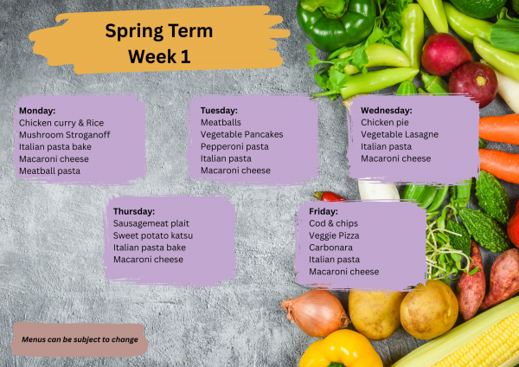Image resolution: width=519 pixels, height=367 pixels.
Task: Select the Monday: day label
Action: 37,111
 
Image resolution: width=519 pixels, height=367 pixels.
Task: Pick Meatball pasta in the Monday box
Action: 49,171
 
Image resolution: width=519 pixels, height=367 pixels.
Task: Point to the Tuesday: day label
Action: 219,111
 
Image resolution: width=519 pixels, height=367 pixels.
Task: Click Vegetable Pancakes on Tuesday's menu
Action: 241,134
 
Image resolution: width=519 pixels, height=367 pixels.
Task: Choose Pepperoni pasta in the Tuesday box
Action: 234,146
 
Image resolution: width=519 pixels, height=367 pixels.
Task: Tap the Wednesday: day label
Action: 386,111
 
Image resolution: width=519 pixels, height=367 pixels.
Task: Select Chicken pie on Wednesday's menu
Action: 383,123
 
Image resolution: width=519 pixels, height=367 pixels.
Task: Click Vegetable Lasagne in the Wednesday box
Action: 400,135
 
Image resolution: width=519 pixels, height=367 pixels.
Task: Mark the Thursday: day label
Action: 134,211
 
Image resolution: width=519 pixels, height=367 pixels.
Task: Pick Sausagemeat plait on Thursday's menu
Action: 151,223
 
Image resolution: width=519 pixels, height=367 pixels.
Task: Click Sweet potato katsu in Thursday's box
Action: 153,235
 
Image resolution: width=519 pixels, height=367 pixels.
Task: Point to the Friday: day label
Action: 324,211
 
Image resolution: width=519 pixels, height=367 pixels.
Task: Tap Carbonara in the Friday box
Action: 330,248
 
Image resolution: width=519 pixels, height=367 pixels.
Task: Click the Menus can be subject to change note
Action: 80,339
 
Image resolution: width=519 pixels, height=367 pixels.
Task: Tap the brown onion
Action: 316,312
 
